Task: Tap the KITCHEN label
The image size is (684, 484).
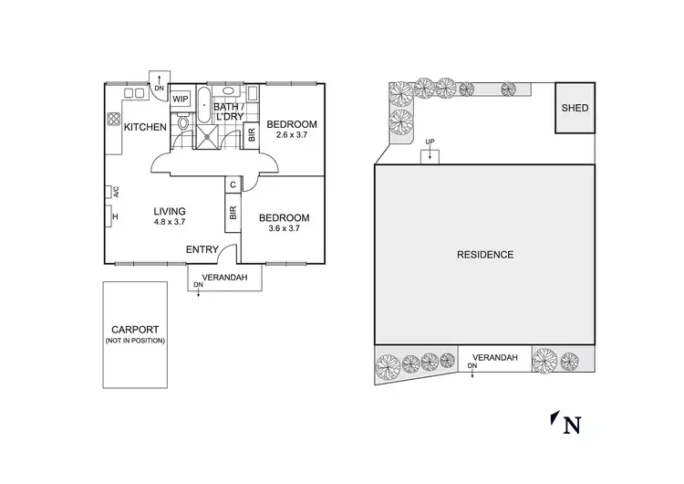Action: click(145, 127)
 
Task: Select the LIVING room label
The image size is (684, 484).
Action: click(170, 209)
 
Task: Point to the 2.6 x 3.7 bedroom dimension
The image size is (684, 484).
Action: click(292, 135)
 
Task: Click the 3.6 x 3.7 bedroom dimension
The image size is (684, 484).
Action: click(284, 229)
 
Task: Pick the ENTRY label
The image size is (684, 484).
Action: click(202, 250)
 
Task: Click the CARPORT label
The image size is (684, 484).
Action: click(135, 330)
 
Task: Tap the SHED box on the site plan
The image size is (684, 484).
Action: click(575, 109)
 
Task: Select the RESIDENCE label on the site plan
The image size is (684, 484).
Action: click(485, 255)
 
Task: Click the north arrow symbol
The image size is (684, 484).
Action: click(554, 418)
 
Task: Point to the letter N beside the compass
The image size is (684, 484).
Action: click(573, 425)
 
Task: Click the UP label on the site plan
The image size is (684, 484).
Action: click(430, 142)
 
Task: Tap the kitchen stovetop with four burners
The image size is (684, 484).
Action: click(115, 119)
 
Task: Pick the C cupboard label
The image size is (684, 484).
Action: click(233, 185)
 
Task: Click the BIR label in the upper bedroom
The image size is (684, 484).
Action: click(252, 135)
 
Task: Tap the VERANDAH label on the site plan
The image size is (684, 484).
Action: click(495, 357)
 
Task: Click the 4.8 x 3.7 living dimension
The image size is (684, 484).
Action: click(170, 221)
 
